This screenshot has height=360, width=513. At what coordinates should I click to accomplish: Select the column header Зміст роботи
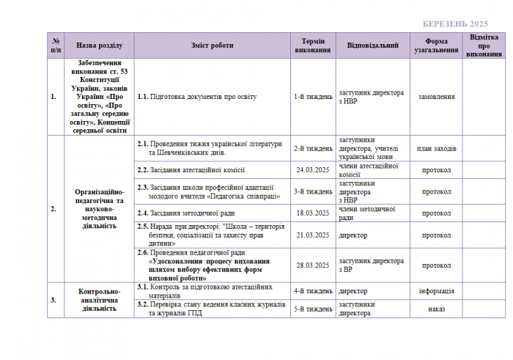[x=213, y=45]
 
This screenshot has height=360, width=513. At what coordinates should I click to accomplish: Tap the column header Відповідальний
[x=373, y=45]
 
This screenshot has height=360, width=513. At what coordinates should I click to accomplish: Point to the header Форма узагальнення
[x=436, y=45]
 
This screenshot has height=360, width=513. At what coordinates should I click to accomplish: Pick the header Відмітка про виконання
[x=484, y=45]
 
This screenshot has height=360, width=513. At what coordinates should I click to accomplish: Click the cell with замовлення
[x=436, y=97]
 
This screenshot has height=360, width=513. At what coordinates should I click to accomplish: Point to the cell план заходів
[x=436, y=149]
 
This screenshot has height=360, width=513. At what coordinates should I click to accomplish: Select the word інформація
[x=436, y=291]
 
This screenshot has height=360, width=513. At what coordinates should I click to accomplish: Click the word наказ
[x=436, y=309]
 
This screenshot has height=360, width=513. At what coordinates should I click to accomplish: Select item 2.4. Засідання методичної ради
[x=186, y=213]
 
